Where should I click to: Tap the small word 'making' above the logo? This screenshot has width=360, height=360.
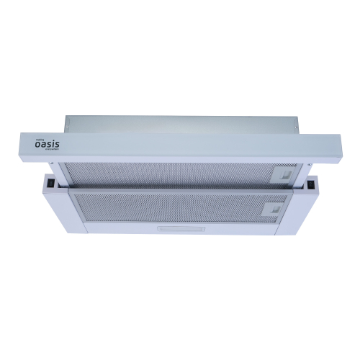40,137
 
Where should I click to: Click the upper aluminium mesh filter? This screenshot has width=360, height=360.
173,173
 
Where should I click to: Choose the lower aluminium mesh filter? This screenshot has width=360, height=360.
173,207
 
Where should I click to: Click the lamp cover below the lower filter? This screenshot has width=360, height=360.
178,231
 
